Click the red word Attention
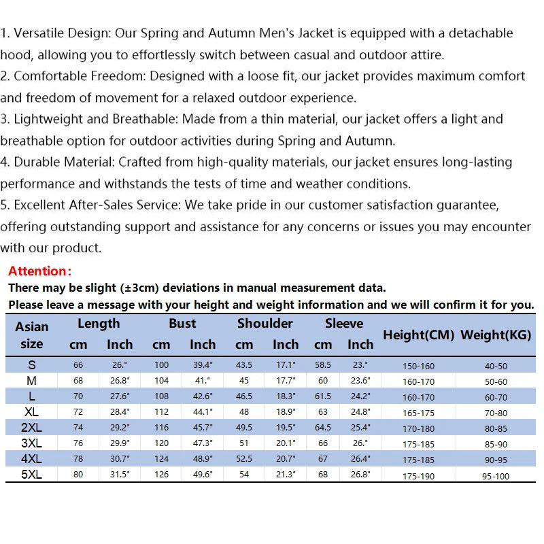pyautogui.click(x=39, y=271)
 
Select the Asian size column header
pyautogui.click(x=32, y=335)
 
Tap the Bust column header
pyautogui.click(x=182, y=324)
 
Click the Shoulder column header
pyautogui.click(x=265, y=324)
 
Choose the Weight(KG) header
pyautogui.click(x=496, y=335)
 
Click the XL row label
pyautogui.click(x=32, y=411)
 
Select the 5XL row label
pyautogui.click(x=32, y=475)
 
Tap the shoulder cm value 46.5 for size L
pyautogui.click(x=243, y=396)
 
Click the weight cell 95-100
pyautogui.click(x=496, y=476)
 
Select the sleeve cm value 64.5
pyautogui.click(x=323, y=428)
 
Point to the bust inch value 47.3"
pyautogui.click(x=203, y=443)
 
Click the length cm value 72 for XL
pyautogui.click(x=78, y=411)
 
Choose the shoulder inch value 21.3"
pyautogui.click(x=286, y=475)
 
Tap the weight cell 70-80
pyautogui.click(x=496, y=413)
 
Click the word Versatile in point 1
pyautogui.click(x=42, y=33)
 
